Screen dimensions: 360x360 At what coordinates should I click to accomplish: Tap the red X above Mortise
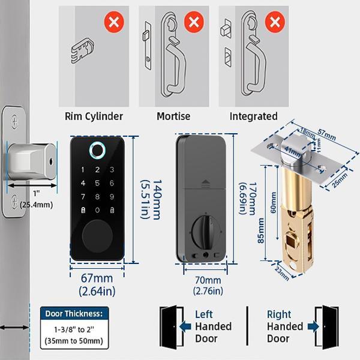pyautogui.click(x=193, y=23)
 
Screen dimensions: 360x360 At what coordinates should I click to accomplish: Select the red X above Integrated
pyautogui.click(x=274, y=23)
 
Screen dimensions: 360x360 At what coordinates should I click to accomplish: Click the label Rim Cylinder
pyautogui.click(x=94, y=116)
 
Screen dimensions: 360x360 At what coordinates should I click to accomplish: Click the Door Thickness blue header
pyautogui.click(x=74, y=313)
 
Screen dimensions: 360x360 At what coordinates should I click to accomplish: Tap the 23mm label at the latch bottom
pyautogui.click(x=281, y=271)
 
